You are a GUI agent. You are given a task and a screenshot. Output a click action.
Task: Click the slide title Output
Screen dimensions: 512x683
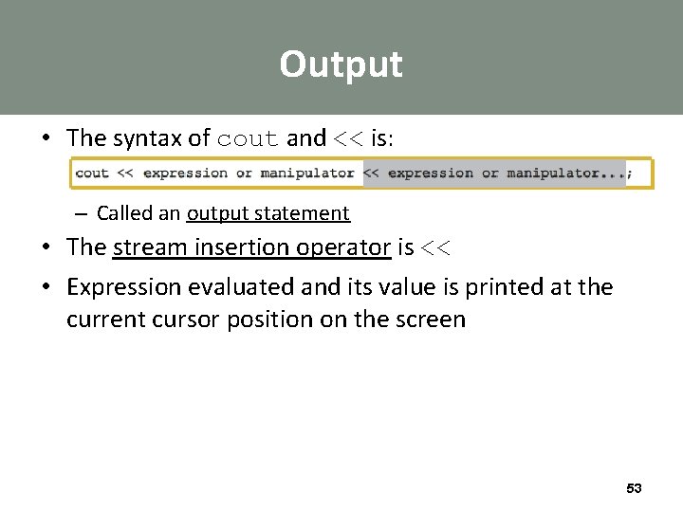pyautogui.click(x=341, y=64)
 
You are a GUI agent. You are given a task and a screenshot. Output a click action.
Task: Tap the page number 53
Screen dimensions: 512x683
pyautogui.click(x=634, y=488)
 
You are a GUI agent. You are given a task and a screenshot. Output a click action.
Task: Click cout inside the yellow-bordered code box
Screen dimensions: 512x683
pyautogui.click(x=92, y=174)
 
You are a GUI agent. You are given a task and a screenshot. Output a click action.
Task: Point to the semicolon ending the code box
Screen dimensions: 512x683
pyautogui.click(x=630, y=174)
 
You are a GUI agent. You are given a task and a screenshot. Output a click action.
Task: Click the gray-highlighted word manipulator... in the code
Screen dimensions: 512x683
pyautogui.click(x=566, y=174)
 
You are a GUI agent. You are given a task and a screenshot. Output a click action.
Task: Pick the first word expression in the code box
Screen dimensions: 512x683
pyautogui.click(x=185, y=174)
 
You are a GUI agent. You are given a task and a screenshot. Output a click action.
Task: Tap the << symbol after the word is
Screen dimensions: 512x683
pyautogui.click(x=435, y=248)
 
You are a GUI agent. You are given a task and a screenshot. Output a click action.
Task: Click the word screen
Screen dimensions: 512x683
pyautogui.click(x=432, y=319)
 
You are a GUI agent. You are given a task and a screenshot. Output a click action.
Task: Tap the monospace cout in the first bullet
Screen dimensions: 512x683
pyautogui.click(x=249, y=139)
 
